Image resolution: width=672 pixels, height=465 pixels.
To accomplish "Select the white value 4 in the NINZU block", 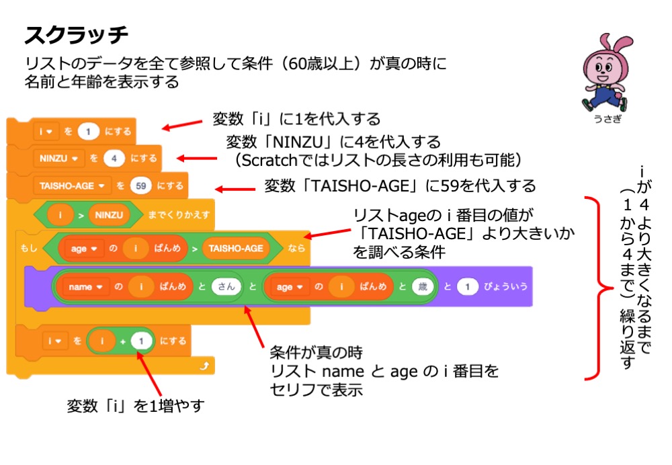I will click(114, 159).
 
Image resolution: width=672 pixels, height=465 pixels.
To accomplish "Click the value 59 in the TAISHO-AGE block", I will click(140, 185).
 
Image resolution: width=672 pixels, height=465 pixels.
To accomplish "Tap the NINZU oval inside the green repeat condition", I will click(109, 216).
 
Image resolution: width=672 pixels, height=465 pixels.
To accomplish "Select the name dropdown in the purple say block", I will click(83, 286).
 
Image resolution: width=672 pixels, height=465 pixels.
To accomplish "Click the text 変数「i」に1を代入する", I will click(296, 119).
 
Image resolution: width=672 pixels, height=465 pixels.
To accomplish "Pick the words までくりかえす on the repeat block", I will click(179, 216).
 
